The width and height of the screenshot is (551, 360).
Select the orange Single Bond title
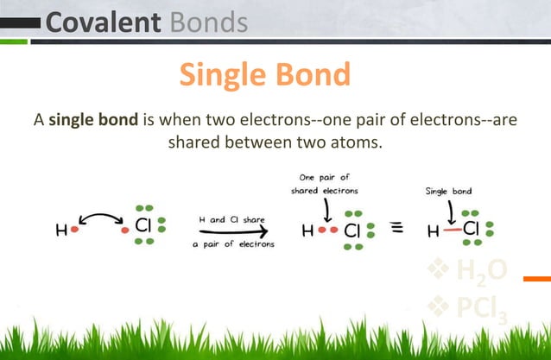tap(264, 75)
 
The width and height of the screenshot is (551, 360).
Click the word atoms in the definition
tap(355, 142)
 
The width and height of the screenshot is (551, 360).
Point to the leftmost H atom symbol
tap(60, 231)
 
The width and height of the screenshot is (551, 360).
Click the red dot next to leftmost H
tap(74, 231)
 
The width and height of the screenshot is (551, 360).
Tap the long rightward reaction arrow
tap(232, 231)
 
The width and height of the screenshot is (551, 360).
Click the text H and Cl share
tap(231, 219)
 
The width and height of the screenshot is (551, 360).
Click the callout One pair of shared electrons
tap(325, 184)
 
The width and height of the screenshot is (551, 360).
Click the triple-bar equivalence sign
tap(398, 230)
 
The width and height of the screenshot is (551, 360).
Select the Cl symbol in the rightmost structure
tap(470, 230)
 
